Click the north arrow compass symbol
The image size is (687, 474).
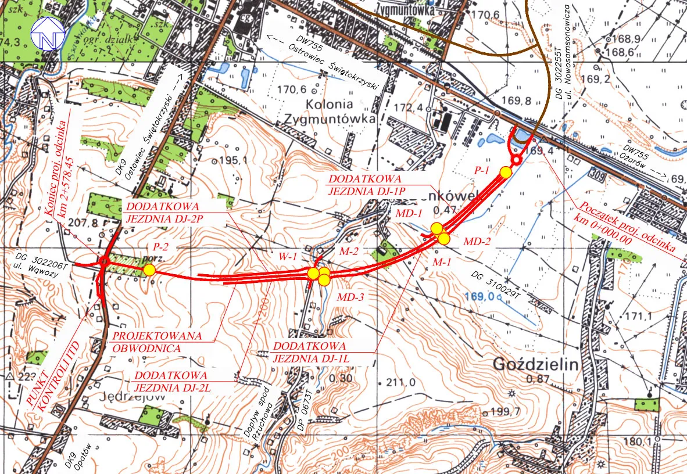pos(46,34)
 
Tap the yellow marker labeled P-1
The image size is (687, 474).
pos(506,172)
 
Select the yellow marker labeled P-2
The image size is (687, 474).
pos(149,270)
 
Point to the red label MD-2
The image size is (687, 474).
pos(477,240)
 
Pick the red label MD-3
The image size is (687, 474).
pos(350,297)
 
